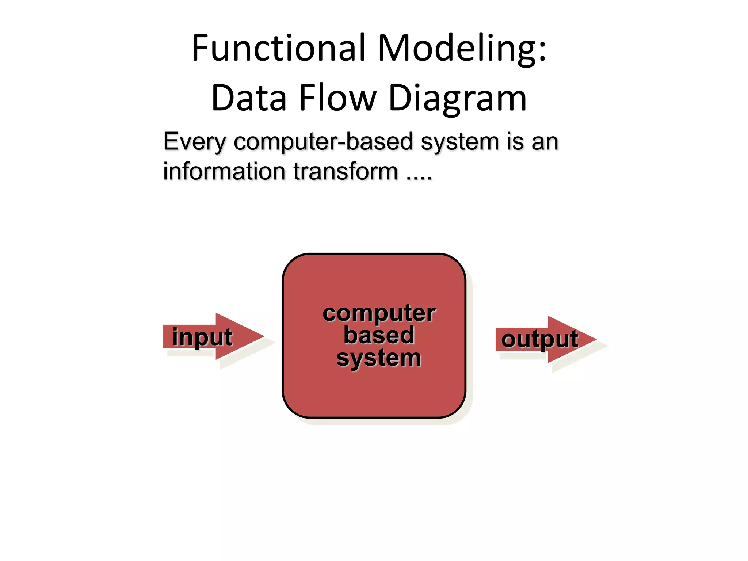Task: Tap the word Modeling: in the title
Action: point(462,48)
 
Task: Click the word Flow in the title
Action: point(337,98)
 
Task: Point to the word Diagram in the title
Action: point(458,98)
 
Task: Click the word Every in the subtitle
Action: point(195,142)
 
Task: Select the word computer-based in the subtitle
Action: point(324,142)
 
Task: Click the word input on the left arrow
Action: point(202,337)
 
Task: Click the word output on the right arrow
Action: point(539,340)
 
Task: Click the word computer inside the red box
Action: point(379,313)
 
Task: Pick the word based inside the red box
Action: point(379,335)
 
